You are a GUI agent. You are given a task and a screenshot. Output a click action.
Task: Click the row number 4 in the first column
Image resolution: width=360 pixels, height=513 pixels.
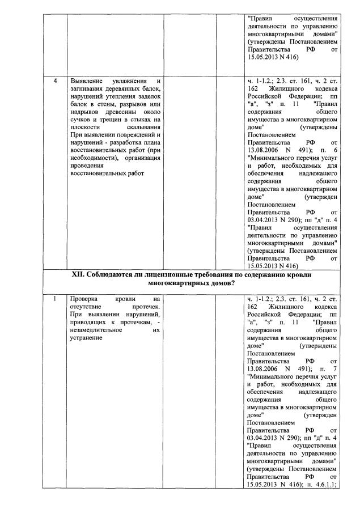(55, 81)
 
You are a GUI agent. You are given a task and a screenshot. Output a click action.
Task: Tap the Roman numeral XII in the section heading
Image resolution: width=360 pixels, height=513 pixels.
(78, 274)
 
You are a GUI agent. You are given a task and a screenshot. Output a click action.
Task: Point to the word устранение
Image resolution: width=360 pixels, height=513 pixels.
(86, 338)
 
